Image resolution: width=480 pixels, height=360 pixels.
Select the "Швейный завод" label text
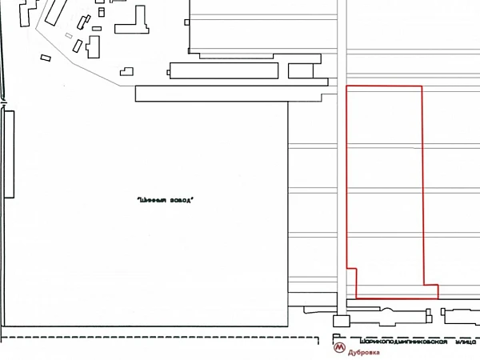coord(166,200)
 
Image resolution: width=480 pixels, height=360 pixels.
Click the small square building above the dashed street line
coord(341,321)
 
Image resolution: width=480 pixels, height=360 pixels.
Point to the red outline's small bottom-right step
coord(430,290)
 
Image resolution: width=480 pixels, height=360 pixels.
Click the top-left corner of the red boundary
coord(346,86)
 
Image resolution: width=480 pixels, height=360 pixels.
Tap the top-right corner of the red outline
coord(422,86)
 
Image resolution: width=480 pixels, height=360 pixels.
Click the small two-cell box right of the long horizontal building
coord(301,71)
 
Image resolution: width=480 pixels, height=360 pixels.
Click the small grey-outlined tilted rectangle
coord(69,36)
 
